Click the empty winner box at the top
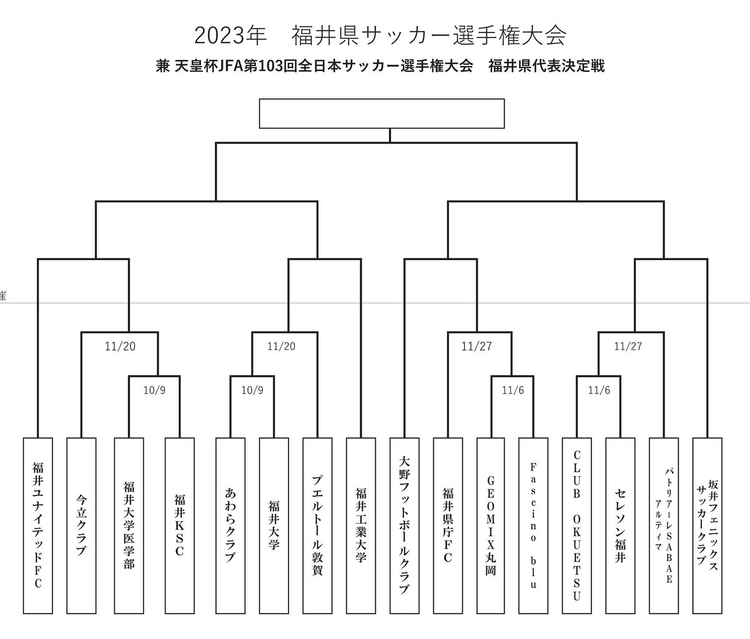(382, 114)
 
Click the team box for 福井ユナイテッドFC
(37, 525)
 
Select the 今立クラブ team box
(81, 525)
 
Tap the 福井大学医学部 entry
(129, 525)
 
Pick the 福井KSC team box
(180, 525)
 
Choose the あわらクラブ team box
(230, 525)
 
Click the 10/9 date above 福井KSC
(154, 391)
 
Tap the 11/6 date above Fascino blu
(512, 391)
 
